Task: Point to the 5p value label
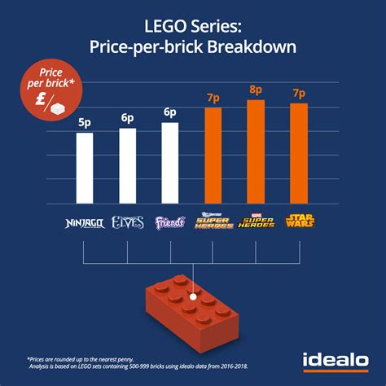85,122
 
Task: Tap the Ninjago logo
85,221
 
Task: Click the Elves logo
128,221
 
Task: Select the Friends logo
170,221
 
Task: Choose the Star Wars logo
298,221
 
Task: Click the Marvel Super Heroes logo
256,221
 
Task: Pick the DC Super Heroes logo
213,221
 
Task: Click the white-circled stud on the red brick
191,298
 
